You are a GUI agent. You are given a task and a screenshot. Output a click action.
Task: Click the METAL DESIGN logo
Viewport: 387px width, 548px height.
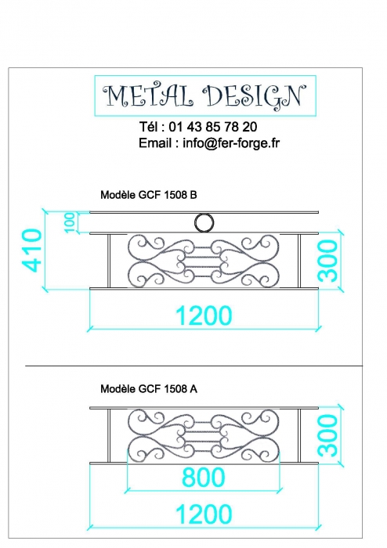click(205, 96)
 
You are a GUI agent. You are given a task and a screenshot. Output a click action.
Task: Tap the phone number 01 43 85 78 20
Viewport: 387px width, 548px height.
click(213, 127)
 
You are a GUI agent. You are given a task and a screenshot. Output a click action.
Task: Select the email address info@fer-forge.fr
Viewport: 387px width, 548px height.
click(231, 143)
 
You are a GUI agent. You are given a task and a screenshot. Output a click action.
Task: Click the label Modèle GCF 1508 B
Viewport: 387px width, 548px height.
click(149, 195)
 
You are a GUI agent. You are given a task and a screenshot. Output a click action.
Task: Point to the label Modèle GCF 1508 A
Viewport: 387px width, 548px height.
click(149, 388)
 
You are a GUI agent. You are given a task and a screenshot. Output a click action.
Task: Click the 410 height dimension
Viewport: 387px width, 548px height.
click(32, 250)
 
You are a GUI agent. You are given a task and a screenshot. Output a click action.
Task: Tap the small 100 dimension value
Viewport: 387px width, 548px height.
click(70, 222)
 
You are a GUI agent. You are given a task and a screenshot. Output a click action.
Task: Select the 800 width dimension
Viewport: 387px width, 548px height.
click(203, 477)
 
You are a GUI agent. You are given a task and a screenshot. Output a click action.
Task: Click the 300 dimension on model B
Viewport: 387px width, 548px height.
click(328, 261)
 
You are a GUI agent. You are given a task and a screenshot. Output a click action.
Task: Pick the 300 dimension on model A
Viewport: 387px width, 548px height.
click(328, 434)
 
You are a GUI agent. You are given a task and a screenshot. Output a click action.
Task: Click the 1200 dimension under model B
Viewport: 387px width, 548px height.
click(204, 315)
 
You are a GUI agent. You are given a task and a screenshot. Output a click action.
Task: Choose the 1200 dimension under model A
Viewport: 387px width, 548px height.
click(204, 514)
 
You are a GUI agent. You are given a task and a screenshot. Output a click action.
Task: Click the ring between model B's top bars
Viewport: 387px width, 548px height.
click(204, 214)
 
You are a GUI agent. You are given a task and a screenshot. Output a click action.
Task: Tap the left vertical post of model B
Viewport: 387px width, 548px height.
click(109, 261)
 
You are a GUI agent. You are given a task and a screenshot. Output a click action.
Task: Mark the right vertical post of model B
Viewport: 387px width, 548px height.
click(299, 261)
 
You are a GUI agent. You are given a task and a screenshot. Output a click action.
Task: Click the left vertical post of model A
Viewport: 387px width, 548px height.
click(109, 435)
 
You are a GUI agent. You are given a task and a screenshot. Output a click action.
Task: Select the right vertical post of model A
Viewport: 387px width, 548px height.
click(299, 435)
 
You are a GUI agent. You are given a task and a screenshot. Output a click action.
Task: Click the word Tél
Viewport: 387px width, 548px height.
click(149, 127)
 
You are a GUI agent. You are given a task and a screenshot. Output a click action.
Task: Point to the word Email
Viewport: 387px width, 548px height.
click(154, 143)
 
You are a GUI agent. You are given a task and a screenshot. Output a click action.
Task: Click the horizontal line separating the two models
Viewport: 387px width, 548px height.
click(194, 366)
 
